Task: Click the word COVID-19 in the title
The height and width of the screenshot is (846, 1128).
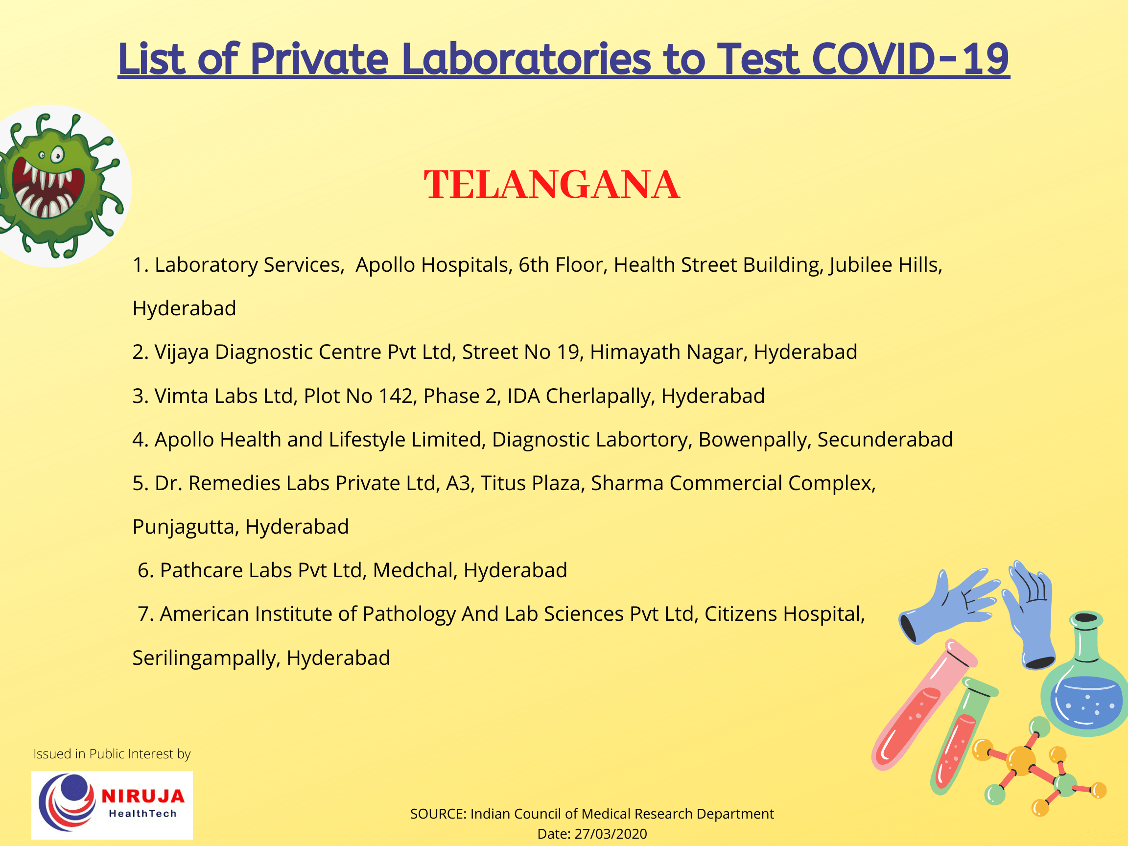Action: (910, 59)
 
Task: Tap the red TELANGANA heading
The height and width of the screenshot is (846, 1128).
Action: (552, 185)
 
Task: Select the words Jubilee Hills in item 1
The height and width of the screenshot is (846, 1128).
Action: (885, 265)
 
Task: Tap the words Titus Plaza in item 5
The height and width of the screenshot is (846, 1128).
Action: (531, 483)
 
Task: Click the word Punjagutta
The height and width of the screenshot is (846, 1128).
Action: (185, 527)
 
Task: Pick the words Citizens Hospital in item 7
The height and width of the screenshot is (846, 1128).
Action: (784, 614)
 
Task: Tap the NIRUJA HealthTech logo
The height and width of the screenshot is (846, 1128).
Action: (112, 805)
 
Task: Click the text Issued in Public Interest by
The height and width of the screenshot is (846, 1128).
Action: (112, 753)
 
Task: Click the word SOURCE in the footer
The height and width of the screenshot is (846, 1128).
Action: (438, 814)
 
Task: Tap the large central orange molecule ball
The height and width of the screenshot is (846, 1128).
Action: (1021, 761)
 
